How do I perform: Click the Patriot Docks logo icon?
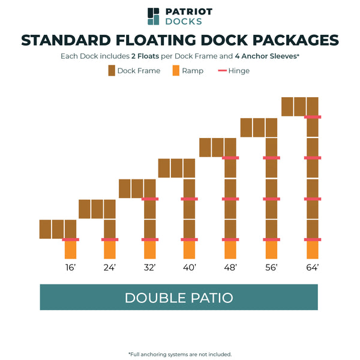[x=154, y=16]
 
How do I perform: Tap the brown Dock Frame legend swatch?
[x=112, y=71]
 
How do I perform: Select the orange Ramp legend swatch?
[x=176, y=71]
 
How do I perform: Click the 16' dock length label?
[x=70, y=268]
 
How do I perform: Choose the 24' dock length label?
[x=109, y=268]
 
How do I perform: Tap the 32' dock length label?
[x=149, y=268]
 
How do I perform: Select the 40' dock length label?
[x=190, y=268]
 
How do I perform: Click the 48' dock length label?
[x=230, y=268]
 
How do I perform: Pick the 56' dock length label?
[x=271, y=268]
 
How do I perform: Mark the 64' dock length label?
[x=312, y=268]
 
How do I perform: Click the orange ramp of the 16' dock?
[x=71, y=250]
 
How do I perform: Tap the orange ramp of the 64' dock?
[x=313, y=250]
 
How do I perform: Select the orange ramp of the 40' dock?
[x=190, y=250]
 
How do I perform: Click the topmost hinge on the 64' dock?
[x=313, y=117]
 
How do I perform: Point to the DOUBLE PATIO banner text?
[x=179, y=298]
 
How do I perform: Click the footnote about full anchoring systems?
[x=180, y=354]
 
